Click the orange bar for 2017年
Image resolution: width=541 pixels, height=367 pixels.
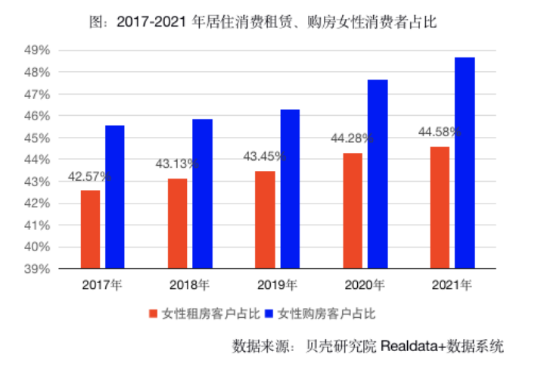point(90,229)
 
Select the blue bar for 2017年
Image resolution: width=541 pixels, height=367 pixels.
point(114,197)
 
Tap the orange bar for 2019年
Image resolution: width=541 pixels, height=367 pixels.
point(265,219)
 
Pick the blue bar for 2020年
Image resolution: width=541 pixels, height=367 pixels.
point(378,174)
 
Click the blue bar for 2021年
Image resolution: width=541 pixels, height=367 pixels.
point(465,163)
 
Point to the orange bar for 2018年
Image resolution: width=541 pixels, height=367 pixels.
point(178,223)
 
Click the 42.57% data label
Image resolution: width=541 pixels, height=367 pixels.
point(90,176)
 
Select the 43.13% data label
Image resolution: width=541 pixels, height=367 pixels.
point(178,163)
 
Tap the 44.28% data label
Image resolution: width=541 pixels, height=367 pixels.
point(353,138)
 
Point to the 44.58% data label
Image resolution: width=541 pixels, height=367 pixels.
point(440,132)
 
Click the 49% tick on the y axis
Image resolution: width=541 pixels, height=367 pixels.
point(38,51)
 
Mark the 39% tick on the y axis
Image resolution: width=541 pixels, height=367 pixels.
point(38,269)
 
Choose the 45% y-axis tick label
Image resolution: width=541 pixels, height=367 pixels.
point(38,138)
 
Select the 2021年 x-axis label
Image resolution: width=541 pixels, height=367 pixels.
point(452,286)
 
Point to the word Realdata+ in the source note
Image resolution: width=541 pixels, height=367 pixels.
point(413,347)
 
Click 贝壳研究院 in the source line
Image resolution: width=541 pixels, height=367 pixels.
point(339,347)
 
